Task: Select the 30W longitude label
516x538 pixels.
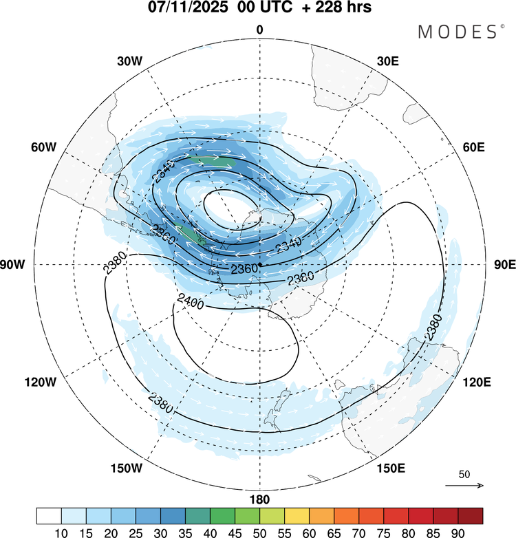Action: [x=129, y=61]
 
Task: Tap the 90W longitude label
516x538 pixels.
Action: [x=14, y=265]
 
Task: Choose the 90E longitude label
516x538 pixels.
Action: [x=505, y=265]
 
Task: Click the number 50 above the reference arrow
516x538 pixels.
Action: [x=464, y=475]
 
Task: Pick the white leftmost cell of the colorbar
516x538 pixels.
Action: [x=49, y=516]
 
